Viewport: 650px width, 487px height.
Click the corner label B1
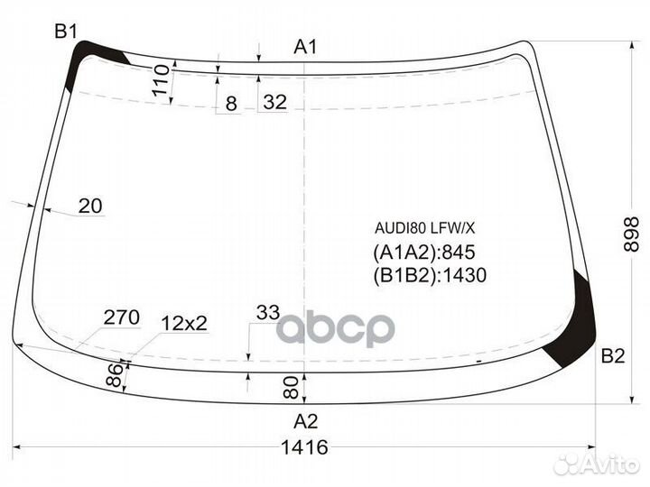pyautogui.click(x=65, y=32)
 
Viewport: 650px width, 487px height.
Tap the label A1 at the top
pyautogui.click(x=306, y=47)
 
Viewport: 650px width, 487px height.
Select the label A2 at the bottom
pyautogui.click(x=306, y=420)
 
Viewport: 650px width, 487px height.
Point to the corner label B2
pyautogui.click(x=613, y=356)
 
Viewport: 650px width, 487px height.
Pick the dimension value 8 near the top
pyautogui.click(x=231, y=104)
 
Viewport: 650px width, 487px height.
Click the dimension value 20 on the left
pyautogui.click(x=90, y=207)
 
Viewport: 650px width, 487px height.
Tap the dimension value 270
pyautogui.click(x=121, y=317)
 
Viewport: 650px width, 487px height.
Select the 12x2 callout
pyautogui.click(x=184, y=323)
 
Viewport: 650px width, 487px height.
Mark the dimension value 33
pyautogui.click(x=267, y=313)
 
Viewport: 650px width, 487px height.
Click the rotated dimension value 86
pyautogui.click(x=115, y=376)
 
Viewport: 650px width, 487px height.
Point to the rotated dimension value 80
pyautogui.click(x=290, y=389)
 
